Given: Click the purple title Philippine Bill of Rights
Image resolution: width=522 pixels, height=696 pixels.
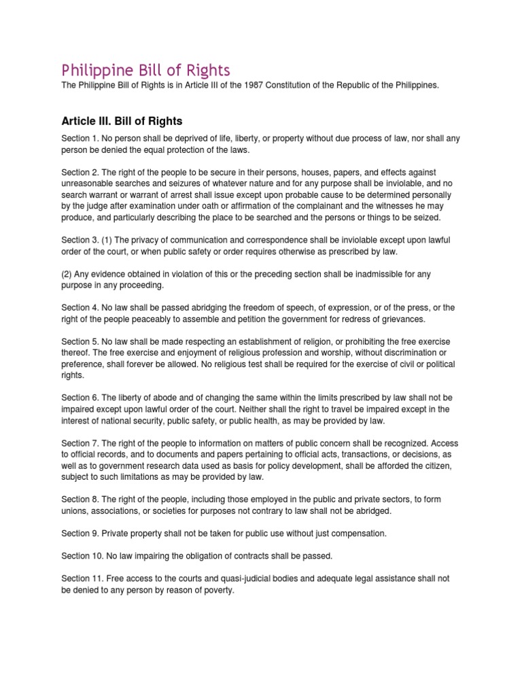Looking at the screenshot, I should [x=146, y=70].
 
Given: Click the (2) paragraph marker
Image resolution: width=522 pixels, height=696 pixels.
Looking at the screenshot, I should [x=67, y=273].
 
